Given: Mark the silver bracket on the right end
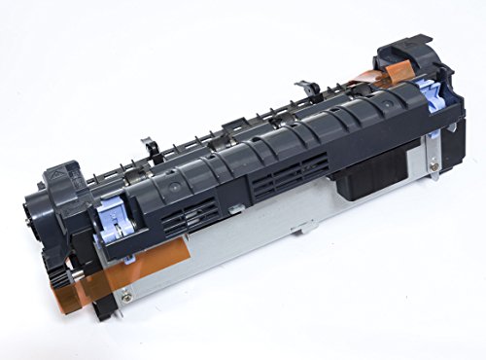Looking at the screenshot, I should pos(428,156).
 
